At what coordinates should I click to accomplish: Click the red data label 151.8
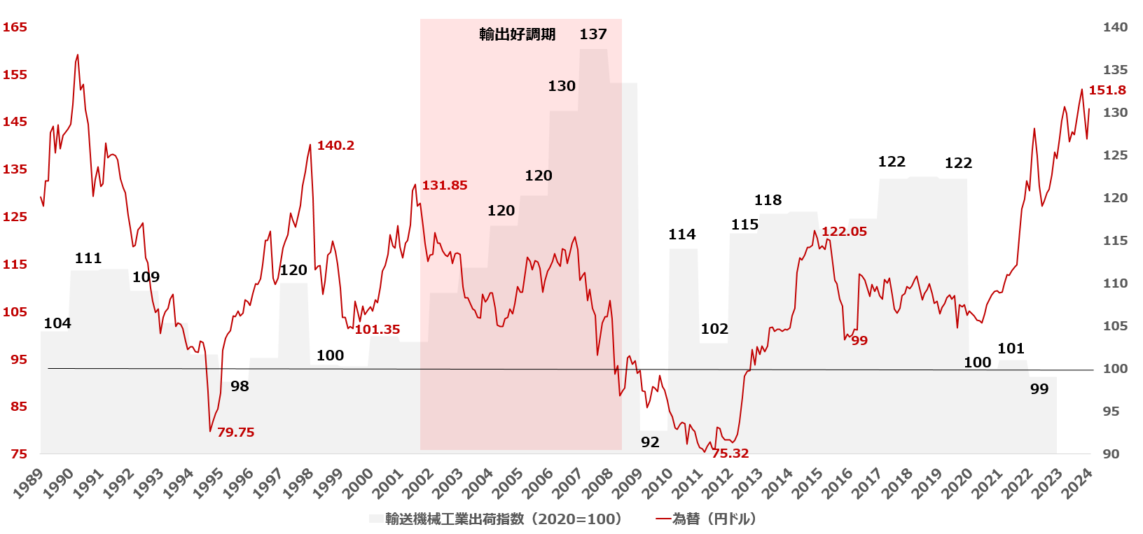point(1107,90)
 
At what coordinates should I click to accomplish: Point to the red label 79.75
point(235,433)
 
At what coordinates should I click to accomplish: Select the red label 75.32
point(730,454)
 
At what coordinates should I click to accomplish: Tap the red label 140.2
point(335,146)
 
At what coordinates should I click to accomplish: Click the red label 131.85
point(444,185)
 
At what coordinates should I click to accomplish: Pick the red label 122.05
point(844,232)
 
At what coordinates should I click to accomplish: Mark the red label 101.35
point(377,330)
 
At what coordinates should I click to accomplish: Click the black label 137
point(593,34)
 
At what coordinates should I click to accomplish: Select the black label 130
point(562,86)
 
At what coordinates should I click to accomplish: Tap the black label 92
point(650,442)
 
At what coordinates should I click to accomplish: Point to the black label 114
point(681,234)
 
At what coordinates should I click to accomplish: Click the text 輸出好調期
point(517,34)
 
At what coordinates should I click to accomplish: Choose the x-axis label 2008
point(598,484)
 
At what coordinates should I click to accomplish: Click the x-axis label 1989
point(29,484)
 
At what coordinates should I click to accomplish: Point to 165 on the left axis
point(15,27)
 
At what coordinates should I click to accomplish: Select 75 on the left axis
point(19,454)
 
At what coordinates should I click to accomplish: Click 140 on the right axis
point(1115,27)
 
